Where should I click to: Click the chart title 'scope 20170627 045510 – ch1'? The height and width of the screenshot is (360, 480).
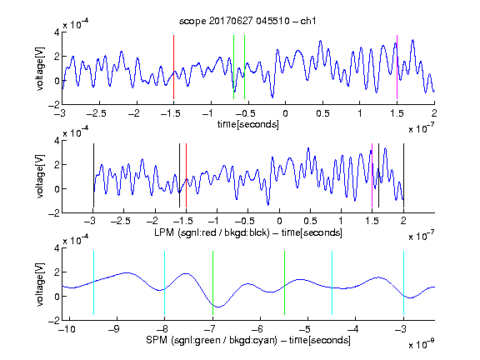247,21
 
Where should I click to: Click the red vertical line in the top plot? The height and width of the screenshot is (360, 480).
173,67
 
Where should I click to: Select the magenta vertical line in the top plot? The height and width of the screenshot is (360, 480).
397,67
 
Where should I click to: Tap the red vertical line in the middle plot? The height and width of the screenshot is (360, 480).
186,175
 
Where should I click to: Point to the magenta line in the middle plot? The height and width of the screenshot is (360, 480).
372,175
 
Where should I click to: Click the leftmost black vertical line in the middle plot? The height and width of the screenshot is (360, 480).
93,175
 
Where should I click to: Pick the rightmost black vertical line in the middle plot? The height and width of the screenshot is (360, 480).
403,175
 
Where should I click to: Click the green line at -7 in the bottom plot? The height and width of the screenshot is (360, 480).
212,282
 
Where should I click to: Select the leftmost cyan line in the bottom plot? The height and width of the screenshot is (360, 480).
93,282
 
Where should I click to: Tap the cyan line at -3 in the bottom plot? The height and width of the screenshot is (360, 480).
403,282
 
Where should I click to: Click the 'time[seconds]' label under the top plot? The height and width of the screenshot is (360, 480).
248,124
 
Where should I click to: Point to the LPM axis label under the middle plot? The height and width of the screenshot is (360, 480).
248,232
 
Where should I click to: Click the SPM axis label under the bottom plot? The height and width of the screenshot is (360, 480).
248,340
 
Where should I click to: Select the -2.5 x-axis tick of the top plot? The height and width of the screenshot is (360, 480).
96,113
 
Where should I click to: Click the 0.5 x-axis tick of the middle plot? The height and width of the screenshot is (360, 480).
310,221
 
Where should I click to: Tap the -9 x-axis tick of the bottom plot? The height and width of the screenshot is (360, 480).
114,329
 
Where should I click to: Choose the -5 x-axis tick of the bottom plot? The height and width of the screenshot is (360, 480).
306,329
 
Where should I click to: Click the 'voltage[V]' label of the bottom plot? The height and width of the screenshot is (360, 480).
40,284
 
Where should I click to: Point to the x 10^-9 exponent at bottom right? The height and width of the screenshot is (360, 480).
421,344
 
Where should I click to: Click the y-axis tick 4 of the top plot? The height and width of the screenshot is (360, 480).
57,32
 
